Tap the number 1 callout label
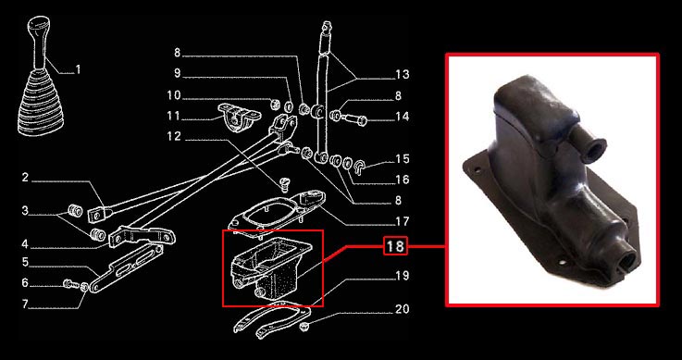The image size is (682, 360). tap(78, 69)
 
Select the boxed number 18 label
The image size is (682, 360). tap(395, 246)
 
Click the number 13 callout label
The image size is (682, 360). tap(403, 74)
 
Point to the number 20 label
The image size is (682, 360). tap(403, 309)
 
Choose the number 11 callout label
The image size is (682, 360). tap(174, 117)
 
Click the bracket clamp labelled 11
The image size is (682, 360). tap(240, 117)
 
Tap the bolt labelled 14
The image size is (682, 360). tap(354, 118)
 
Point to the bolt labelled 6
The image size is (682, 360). tap(71, 284)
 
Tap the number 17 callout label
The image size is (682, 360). tap(403, 222)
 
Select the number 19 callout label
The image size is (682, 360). tap(403, 276)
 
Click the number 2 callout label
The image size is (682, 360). tap(25, 177)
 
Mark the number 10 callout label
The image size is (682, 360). tap(174, 95)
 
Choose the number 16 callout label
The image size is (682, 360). tap(403, 180)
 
